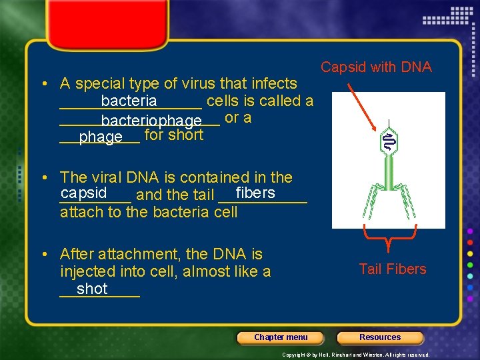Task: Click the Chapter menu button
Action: pyautogui.click(x=281, y=337)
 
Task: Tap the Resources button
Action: pyautogui.click(x=380, y=337)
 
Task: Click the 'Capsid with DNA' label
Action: pyautogui.click(x=376, y=67)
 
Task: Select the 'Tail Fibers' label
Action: pyautogui.click(x=392, y=269)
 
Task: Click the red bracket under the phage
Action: pyautogui.click(x=389, y=234)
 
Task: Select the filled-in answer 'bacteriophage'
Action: pyautogui.click(x=151, y=121)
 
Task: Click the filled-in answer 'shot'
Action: pyautogui.click(x=92, y=289)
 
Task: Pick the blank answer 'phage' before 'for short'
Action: pyautogui.click(x=101, y=137)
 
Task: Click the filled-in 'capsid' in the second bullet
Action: pyautogui.click(x=83, y=193)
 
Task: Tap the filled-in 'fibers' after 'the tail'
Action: pyautogui.click(x=255, y=193)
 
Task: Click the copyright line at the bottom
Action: pyautogui.click(x=356, y=355)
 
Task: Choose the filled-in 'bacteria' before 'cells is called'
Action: pyautogui.click(x=129, y=101)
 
